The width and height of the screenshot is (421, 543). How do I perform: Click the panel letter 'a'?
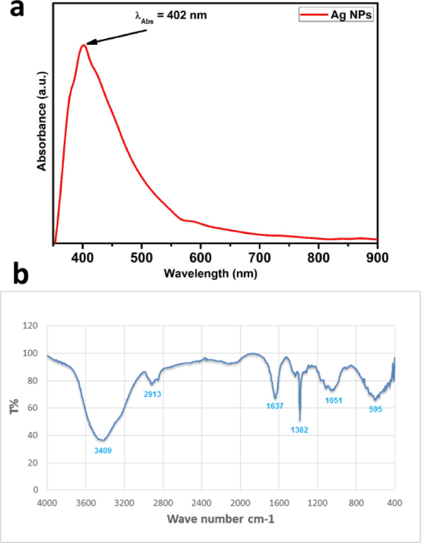(17, 9)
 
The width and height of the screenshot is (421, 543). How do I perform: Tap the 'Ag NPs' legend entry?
(336, 15)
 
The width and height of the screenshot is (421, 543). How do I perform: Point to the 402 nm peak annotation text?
(171, 16)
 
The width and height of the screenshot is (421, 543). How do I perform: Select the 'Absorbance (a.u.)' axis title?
(42, 121)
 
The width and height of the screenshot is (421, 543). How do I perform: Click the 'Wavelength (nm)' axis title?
(210, 273)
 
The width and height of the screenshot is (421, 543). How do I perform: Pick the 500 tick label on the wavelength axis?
(142, 258)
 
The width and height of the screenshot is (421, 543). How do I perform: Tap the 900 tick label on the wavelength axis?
(377, 258)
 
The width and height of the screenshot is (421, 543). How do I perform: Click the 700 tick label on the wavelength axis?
(259, 258)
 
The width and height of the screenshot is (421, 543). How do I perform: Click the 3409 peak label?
(103, 451)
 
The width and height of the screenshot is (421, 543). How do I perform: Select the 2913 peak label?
(152, 394)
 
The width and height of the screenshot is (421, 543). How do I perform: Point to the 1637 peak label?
(275, 406)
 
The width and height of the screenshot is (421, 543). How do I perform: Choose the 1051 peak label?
(334, 401)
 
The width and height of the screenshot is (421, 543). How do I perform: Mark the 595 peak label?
(376, 409)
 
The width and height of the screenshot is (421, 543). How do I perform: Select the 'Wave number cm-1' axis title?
(221, 519)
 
